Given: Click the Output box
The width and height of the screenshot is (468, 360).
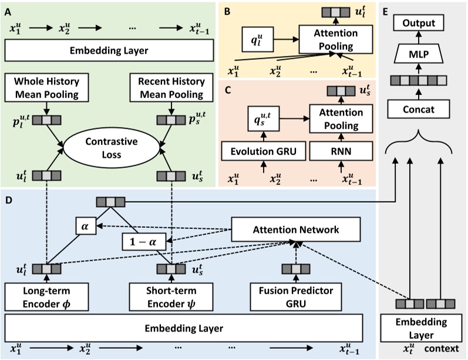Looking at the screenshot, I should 419,23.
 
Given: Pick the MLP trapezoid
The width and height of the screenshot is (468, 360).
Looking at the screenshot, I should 419,55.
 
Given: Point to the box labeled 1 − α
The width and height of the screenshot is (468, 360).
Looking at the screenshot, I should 143,241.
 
